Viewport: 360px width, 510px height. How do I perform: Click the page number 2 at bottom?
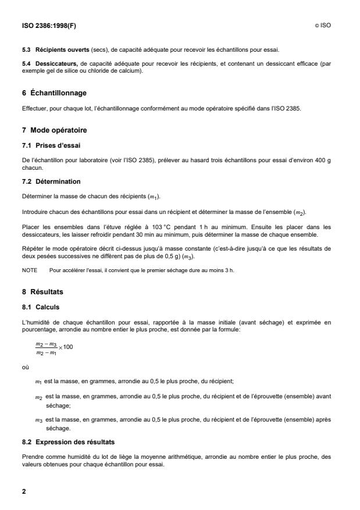(24, 491)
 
